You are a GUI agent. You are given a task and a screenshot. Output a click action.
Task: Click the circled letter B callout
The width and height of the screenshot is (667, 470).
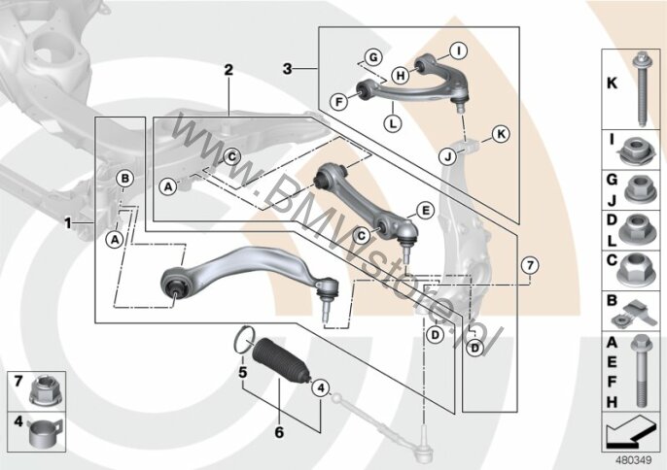(125, 179)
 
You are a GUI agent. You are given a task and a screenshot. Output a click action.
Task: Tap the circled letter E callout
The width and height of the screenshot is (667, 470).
(426, 211)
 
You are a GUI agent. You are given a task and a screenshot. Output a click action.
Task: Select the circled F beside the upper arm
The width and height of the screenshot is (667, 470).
(339, 102)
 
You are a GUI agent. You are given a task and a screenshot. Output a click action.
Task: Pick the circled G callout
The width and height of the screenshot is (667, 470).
(373, 57)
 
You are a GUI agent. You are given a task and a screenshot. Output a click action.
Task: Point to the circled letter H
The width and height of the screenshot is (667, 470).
(401, 76)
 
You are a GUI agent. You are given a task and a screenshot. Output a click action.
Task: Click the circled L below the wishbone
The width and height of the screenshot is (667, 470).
(393, 123)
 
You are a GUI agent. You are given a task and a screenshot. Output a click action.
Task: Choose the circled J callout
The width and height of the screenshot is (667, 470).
(447, 156)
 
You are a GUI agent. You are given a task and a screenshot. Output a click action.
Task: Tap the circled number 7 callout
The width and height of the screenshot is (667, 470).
(530, 266)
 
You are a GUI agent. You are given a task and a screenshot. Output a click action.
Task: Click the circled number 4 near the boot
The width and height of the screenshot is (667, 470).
(321, 387)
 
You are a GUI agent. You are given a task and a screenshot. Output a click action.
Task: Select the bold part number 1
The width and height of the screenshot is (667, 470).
(68, 223)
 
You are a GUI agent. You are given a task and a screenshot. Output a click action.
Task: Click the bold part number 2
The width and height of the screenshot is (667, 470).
(228, 70)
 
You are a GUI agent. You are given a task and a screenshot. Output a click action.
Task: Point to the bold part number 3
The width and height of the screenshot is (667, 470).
(288, 69)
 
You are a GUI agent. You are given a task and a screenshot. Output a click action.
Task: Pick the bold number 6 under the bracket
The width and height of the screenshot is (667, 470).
(279, 432)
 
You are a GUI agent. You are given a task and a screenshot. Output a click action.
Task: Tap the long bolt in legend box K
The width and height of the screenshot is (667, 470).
(641, 88)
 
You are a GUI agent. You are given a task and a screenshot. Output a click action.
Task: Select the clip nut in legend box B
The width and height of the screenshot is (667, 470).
(635, 314)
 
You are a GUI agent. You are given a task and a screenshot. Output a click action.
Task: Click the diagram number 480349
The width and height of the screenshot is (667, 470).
(634, 460)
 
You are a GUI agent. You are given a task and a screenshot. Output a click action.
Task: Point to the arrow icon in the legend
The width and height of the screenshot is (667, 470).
(631, 432)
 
